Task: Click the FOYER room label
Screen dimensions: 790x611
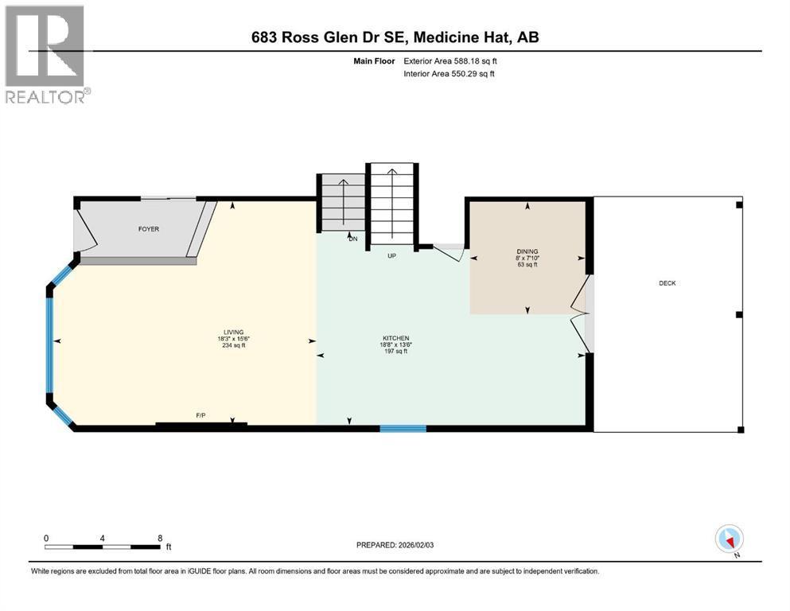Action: (149, 228)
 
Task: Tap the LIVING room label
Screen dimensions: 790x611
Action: (234, 333)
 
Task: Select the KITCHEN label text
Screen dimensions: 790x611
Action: (396, 338)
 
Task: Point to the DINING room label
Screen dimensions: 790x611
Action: (527, 251)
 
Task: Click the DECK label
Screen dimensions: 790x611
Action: (667, 283)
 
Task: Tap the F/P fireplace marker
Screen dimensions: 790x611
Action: (200, 415)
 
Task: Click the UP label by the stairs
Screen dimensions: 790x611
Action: (392, 256)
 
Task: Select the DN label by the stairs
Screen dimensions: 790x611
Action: (353, 239)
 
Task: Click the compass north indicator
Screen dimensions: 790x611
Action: (729, 539)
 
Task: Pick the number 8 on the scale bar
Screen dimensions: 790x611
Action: (160, 538)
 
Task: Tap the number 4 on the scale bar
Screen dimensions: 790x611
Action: (103, 538)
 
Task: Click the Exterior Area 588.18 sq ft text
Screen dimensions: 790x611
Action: (450, 61)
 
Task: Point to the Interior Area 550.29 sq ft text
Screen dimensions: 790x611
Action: (449, 73)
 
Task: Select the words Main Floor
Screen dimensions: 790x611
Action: (374, 61)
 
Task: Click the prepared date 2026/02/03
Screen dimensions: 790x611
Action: (415, 545)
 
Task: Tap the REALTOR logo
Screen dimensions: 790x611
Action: (46, 54)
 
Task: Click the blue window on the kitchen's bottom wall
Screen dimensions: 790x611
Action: (403, 429)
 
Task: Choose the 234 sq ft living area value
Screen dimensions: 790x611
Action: (234, 345)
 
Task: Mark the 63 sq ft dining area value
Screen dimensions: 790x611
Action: (527, 264)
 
